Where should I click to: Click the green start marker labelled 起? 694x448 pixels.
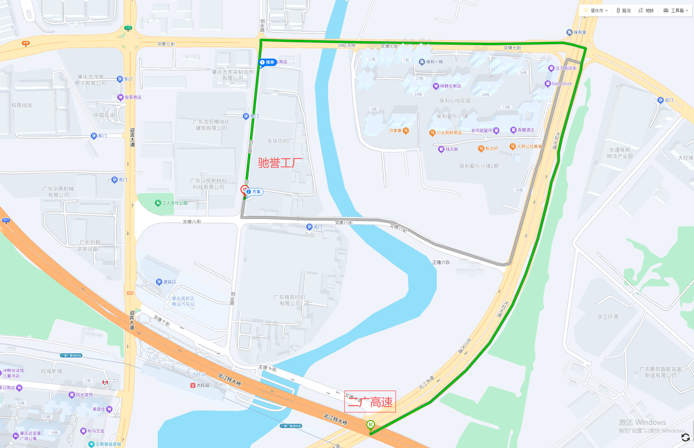tap(370, 425)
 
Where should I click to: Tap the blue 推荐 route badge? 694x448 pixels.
tap(268, 62)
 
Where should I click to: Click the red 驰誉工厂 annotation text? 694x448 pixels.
tap(280, 163)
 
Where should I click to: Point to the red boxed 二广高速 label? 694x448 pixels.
tap(370, 401)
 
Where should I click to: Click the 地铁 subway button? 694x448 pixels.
tap(646, 11)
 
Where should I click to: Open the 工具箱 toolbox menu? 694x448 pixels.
tap(676, 11)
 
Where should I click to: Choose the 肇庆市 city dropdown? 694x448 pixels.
tap(596, 11)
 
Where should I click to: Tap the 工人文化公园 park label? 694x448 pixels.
tap(175, 203)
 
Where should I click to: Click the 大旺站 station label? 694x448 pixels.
tap(203, 385)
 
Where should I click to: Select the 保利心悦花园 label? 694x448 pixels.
tap(455, 101)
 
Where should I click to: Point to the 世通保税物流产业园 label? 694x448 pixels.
tap(620, 153)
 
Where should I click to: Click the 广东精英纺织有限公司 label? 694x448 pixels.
tap(290, 300)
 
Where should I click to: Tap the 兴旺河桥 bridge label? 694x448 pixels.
tap(347, 46)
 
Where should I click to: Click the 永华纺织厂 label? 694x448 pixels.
tap(280, 141)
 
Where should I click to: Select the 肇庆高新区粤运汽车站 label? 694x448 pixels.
tap(183, 301)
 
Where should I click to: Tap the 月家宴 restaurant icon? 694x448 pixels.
tap(406, 131)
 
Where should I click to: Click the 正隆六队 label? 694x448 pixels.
tap(441, 262)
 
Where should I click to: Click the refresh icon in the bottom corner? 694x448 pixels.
tap(685, 437)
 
